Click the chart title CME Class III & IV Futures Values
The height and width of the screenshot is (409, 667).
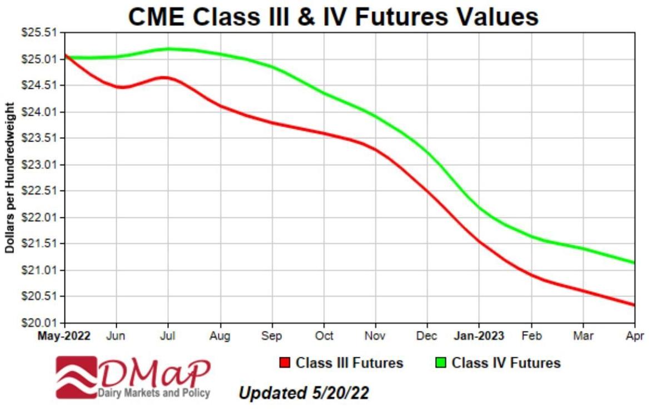point(333,17)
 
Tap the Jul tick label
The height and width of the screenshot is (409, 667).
point(168,336)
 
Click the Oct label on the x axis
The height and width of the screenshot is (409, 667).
point(324,336)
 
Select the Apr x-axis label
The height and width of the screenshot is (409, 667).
point(635,336)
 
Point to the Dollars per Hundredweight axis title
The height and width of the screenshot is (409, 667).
point(9,178)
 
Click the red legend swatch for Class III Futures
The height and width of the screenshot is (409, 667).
point(285,363)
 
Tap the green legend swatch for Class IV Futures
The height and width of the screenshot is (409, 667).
point(441,363)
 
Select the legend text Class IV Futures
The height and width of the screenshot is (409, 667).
point(506,363)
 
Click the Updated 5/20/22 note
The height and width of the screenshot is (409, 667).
point(303,393)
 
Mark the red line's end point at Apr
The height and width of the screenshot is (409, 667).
point(634,305)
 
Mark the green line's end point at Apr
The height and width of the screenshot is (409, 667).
point(634,263)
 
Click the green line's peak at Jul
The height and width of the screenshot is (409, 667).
point(168,49)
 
